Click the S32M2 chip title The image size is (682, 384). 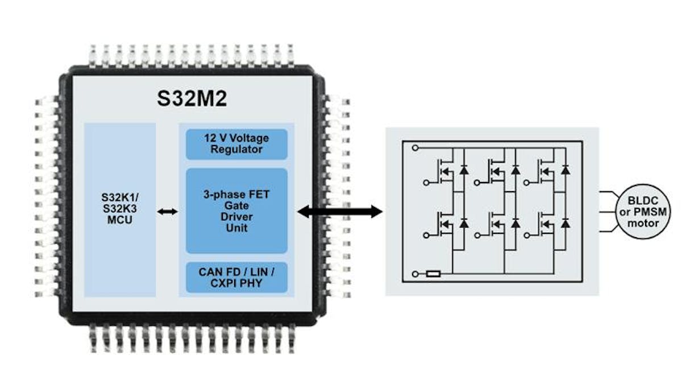tap(192, 98)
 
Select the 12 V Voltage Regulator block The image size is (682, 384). tap(236, 144)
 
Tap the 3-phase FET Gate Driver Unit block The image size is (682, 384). tap(236, 210)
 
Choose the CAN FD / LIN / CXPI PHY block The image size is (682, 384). tap(236, 277)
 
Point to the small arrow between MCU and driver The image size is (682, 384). tap(168, 212)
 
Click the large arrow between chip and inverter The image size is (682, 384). tap(340, 212)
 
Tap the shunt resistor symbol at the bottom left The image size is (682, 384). tap(433, 274)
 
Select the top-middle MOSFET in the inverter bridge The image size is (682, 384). tap(497, 171)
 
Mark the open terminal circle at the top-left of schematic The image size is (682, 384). tap(416, 148)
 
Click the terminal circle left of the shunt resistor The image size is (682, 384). tap(416, 274)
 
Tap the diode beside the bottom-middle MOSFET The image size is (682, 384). tap(515, 224)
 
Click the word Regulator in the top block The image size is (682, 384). tap(236, 150)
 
